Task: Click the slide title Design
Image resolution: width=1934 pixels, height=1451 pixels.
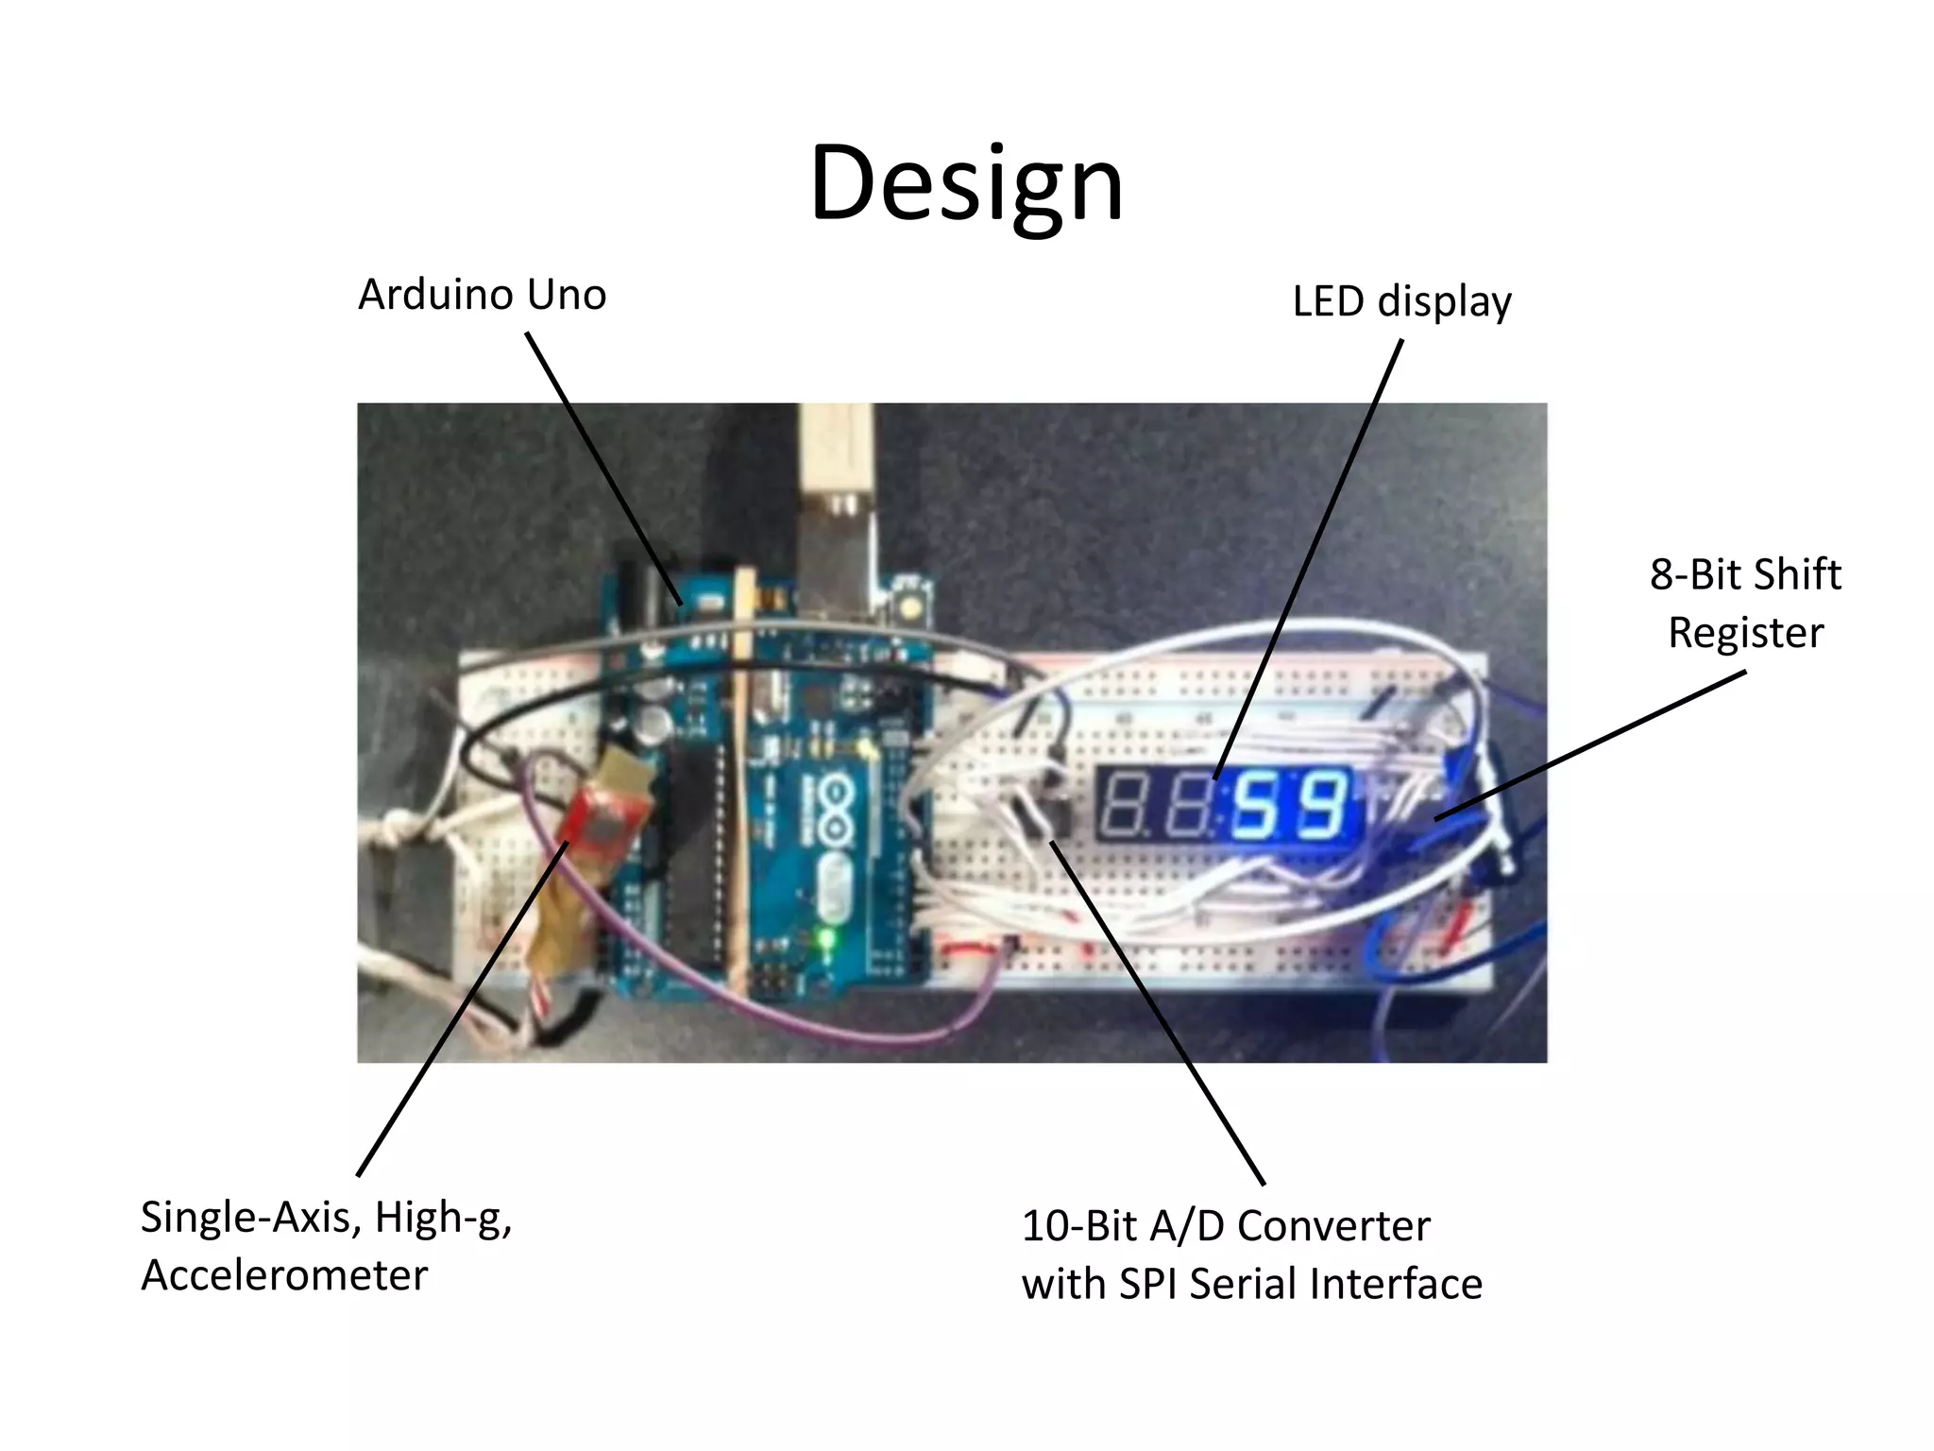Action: (966, 184)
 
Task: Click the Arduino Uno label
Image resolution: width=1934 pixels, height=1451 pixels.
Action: (482, 295)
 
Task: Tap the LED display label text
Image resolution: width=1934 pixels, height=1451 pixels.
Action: (1401, 302)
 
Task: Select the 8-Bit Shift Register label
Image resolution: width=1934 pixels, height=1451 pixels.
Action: (1745, 603)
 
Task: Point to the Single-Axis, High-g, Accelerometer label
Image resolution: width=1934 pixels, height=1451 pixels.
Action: (326, 1245)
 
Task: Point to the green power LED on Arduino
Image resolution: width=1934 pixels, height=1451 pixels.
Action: (828, 941)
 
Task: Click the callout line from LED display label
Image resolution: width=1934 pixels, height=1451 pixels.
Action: (1309, 557)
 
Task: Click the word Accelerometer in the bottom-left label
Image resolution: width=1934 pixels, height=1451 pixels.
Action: (284, 1276)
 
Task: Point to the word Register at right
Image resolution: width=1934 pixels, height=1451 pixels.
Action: (1745, 633)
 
